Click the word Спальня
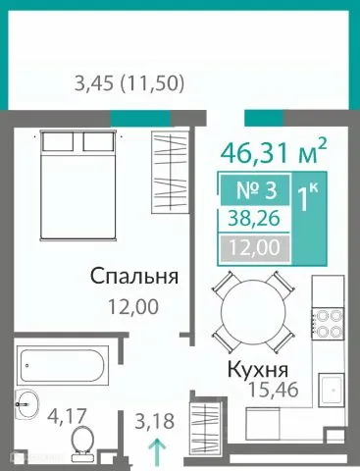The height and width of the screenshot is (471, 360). pos(133,276)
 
